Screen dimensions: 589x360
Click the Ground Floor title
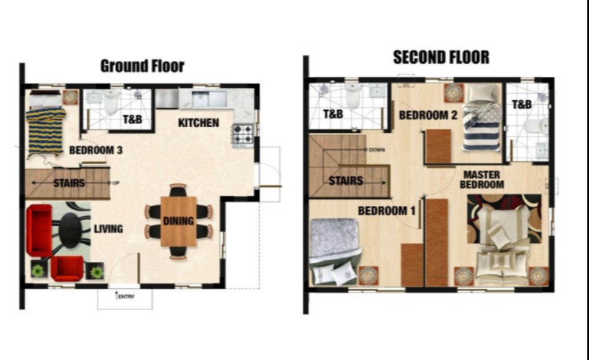coord(143,66)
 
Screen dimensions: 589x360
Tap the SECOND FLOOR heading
coord(441,57)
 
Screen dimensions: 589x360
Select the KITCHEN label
coord(198,123)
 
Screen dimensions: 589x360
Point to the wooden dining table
coord(178,222)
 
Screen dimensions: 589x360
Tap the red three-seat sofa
coord(39,230)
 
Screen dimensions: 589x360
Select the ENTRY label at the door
coord(126,296)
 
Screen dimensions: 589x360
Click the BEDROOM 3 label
coord(96,150)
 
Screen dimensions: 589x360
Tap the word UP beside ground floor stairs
coord(116,183)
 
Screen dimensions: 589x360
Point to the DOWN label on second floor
coord(377,150)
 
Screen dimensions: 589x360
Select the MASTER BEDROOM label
coord(482,180)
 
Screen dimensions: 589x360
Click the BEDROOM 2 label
coord(428,115)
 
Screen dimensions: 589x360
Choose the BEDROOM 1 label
coord(386,211)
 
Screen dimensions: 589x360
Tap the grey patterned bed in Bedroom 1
coord(335,251)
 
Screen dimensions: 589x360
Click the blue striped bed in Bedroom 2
coord(482,117)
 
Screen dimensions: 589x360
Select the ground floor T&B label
coord(133,120)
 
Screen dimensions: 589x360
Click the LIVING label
coord(108,229)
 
